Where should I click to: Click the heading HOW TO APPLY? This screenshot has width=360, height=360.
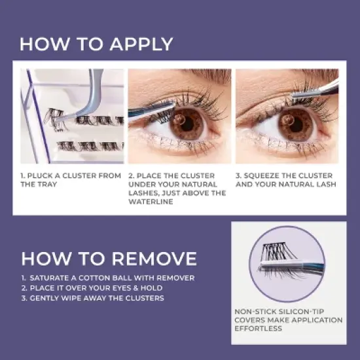pyautogui.click(x=96, y=44)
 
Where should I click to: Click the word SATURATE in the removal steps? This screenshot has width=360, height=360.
pyautogui.click(x=56, y=278)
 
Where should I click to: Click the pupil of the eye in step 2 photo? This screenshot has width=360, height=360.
pyautogui.click(x=187, y=122)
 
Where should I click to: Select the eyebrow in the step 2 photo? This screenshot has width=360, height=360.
pyautogui.click(x=196, y=76)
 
